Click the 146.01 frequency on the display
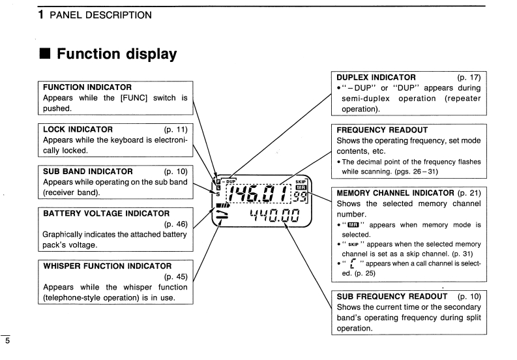click(x=259, y=193)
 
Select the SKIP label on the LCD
click(x=301, y=182)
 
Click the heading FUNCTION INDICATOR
click(x=87, y=87)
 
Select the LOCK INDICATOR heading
click(x=78, y=129)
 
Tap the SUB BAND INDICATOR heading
click(x=87, y=172)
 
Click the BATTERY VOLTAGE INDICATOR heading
click(x=106, y=213)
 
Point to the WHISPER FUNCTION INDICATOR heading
click(x=108, y=266)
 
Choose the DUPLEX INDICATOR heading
click(x=376, y=77)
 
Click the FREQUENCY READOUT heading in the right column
click(x=381, y=130)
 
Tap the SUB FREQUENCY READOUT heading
click(x=392, y=297)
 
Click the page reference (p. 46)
click(x=176, y=224)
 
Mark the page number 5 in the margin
click(x=7, y=340)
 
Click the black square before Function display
click(x=45, y=54)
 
